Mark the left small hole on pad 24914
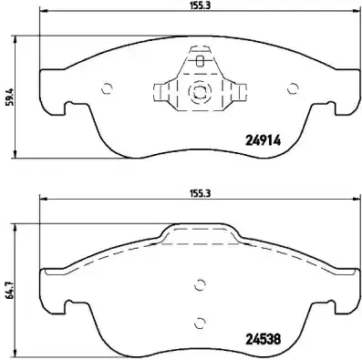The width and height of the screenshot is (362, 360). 107,88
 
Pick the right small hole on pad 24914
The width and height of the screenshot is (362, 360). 293,88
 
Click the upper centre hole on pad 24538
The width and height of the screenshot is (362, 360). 200,283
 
